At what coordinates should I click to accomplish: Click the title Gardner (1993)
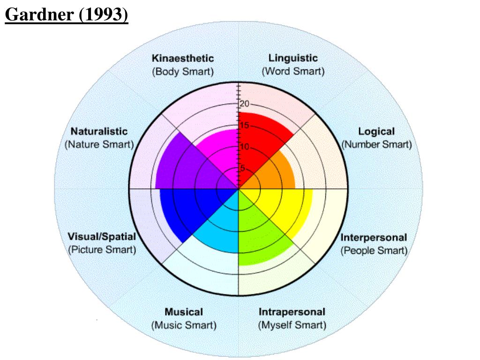click(x=66, y=15)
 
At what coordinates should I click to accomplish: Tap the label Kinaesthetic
click(x=183, y=59)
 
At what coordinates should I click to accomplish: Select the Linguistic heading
click(x=293, y=58)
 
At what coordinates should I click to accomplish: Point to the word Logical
click(x=376, y=132)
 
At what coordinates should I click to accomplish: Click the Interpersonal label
click(x=374, y=238)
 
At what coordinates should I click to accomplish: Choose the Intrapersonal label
click(x=292, y=312)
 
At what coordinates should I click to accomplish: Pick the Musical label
click(x=184, y=312)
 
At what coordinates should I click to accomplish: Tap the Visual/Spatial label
click(x=102, y=236)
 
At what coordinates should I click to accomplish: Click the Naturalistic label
click(x=99, y=132)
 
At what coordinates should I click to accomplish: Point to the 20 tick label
click(x=245, y=104)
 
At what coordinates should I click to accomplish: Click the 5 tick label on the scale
click(x=242, y=168)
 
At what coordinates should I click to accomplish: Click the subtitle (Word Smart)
click(x=293, y=72)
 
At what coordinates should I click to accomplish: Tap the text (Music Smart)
click(x=184, y=325)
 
